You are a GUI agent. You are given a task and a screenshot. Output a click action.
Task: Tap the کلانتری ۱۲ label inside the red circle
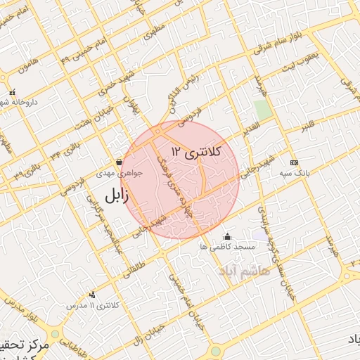[196, 151]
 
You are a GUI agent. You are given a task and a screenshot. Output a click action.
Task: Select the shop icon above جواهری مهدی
[118, 162]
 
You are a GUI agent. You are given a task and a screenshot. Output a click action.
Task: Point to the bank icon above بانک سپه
[293, 162]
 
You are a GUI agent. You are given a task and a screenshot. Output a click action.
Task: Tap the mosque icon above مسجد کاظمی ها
[226, 236]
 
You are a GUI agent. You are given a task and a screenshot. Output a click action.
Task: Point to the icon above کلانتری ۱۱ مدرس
[93, 295]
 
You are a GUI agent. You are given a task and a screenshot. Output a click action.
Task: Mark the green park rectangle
[263, 110]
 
